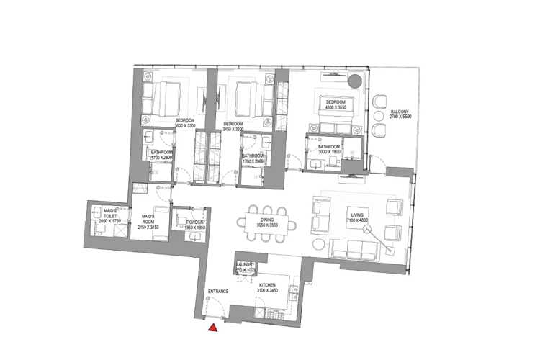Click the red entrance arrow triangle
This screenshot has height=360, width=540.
pos(213,328)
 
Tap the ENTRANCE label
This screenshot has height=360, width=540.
pos(218,291)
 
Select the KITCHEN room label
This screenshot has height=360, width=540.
pos(269,284)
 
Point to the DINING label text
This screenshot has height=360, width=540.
pos(268,220)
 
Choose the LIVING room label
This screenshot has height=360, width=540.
pos(358,215)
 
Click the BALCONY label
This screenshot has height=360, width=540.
pos(400,112)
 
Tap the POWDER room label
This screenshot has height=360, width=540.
pos(195,222)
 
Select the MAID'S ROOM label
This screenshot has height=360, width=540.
pos(150,217)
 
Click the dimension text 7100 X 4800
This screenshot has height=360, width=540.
pos(358,220)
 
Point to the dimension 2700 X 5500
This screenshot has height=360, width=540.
pos(400,117)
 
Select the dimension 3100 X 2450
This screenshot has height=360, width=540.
pos(269,289)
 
